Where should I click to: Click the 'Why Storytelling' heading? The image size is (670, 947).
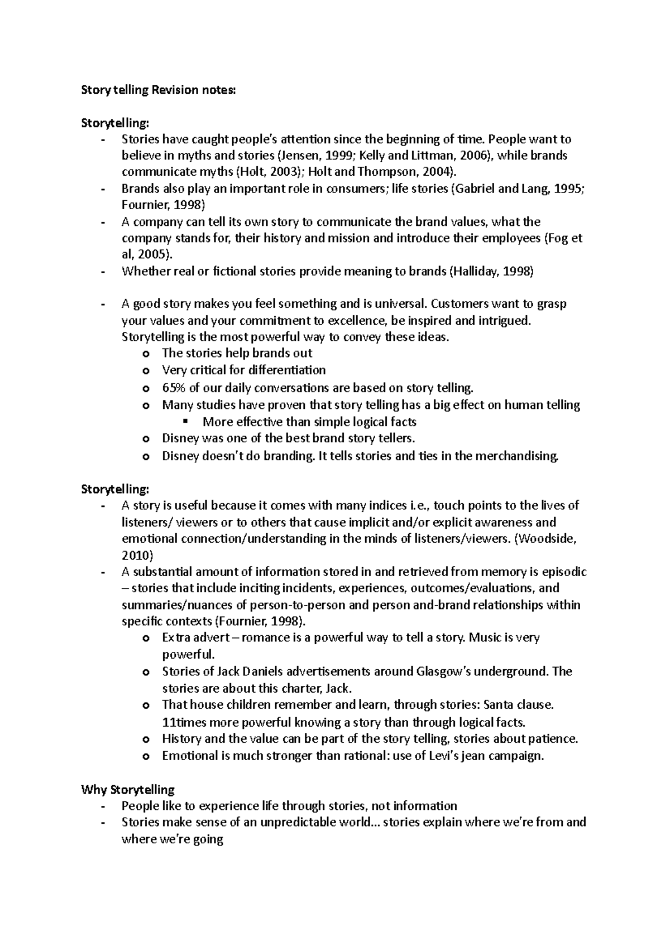[x=128, y=789]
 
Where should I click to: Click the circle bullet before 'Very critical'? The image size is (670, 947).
[x=146, y=371]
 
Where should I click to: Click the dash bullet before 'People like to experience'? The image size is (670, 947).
[x=102, y=806]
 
